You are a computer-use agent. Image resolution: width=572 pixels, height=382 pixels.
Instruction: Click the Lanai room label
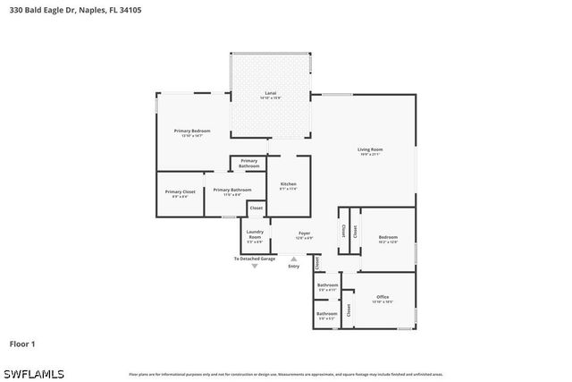(x=270, y=92)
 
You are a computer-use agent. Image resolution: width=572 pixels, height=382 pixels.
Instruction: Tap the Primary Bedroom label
(x=192, y=132)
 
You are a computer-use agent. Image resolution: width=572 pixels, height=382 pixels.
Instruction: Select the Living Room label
(x=370, y=149)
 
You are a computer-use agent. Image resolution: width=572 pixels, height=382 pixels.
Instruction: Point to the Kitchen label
(x=288, y=183)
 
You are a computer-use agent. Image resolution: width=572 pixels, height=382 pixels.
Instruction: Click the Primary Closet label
(x=180, y=191)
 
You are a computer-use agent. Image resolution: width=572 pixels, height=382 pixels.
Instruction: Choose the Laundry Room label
(x=255, y=233)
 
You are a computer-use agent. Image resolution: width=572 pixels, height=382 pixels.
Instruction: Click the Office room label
(x=383, y=297)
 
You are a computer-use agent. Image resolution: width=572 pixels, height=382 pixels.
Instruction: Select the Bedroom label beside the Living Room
(x=387, y=236)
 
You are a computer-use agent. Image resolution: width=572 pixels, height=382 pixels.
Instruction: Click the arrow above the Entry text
(x=294, y=259)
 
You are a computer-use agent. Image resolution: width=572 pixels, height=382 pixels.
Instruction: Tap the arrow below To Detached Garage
(x=255, y=266)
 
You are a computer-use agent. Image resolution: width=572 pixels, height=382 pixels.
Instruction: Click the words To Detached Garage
(x=255, y=259)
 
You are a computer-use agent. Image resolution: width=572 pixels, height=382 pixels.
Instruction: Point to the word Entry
(x=294, y=266)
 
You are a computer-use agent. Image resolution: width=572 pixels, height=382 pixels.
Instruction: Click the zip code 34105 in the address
(x=130, y=10)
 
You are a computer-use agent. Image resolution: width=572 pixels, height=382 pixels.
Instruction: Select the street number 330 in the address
(x=16, y=10)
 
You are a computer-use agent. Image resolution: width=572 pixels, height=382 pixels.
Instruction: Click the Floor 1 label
(x=22, y=343)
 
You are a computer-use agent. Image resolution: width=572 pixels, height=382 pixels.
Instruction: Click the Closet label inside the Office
(x=349, y=310)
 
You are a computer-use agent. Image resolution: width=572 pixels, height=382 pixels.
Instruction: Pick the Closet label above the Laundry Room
(x=256, y=208)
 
